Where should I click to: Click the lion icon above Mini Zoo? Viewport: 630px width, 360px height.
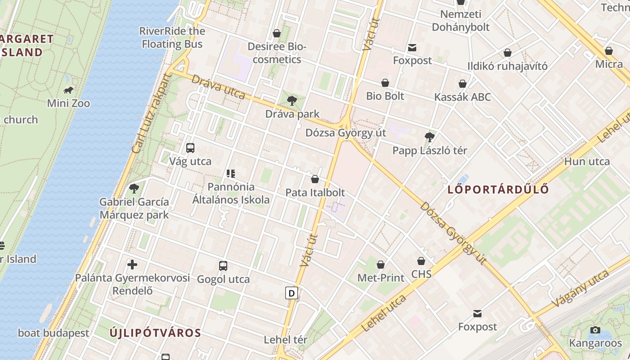(x=68, y=90)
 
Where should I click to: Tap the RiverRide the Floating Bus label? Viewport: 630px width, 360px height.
(x=172, y=37)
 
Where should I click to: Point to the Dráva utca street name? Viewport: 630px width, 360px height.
(x=218, y=87)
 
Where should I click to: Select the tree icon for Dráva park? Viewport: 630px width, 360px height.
(x=292, y=101)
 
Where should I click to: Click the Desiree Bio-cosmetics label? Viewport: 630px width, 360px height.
(x=277, y=53)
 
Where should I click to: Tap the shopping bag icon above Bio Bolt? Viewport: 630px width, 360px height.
(x=385, y=83)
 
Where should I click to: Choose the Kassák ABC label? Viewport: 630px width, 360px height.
(x=462, y=97)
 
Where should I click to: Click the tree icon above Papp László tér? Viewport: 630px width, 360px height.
(x=430, y=137)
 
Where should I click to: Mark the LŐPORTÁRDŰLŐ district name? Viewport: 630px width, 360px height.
(x=498, y=189)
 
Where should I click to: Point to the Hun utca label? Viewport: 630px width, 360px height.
(x=587, y=162)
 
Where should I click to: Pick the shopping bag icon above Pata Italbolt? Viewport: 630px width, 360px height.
(x=315, y=179)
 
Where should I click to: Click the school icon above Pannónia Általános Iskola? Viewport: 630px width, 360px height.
(x=231, y=173)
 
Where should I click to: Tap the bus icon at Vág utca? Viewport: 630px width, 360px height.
(x=190, y=148)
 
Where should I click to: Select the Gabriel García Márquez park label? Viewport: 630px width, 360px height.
(x=134, y=208)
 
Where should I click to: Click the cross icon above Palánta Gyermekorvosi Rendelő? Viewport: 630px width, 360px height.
(x=132, y=264)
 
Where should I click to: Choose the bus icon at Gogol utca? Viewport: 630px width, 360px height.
(x=223, y=265)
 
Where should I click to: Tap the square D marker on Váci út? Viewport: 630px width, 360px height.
(x=292, y=293)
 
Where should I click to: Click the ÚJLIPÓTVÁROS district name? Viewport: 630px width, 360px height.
(x=155, y=333)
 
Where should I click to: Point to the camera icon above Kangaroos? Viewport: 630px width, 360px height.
(x=595, y=330)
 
